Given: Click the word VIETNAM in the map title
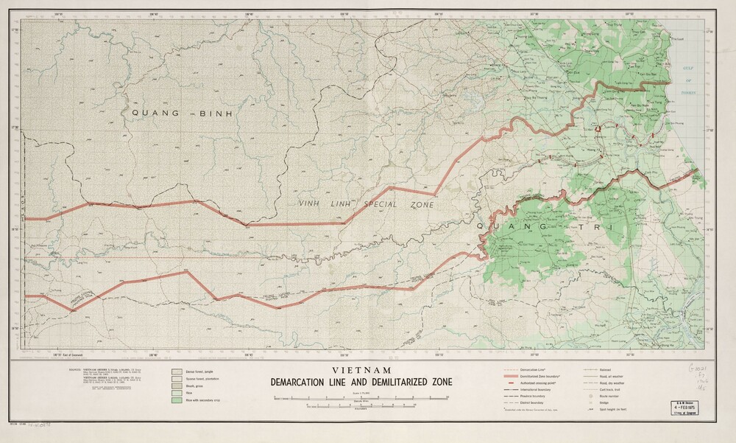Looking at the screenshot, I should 361,370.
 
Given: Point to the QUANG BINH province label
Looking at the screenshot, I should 182,114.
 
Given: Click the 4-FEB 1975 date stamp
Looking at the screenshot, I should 682,405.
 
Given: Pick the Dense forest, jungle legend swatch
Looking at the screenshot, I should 177,374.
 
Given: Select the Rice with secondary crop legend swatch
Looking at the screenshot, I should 177,402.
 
